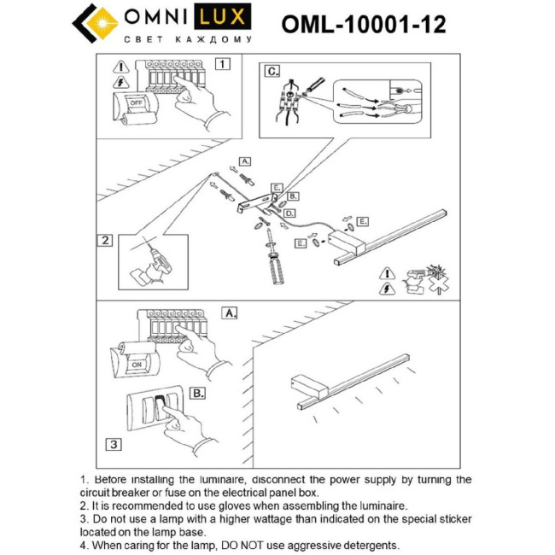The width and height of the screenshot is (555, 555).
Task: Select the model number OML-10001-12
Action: pos(363,25)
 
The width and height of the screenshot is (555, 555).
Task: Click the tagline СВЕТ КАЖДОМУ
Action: pos(187,39)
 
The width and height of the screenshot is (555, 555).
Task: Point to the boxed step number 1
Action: pos(222,64)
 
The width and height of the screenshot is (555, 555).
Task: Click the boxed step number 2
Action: pos(105,240)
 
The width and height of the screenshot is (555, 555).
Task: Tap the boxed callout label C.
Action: pos(272,72)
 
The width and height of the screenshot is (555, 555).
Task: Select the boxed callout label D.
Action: pos(290,213)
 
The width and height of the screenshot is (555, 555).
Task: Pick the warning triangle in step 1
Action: pos(120,67)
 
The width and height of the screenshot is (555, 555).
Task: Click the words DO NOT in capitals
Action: pos(230,545)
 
